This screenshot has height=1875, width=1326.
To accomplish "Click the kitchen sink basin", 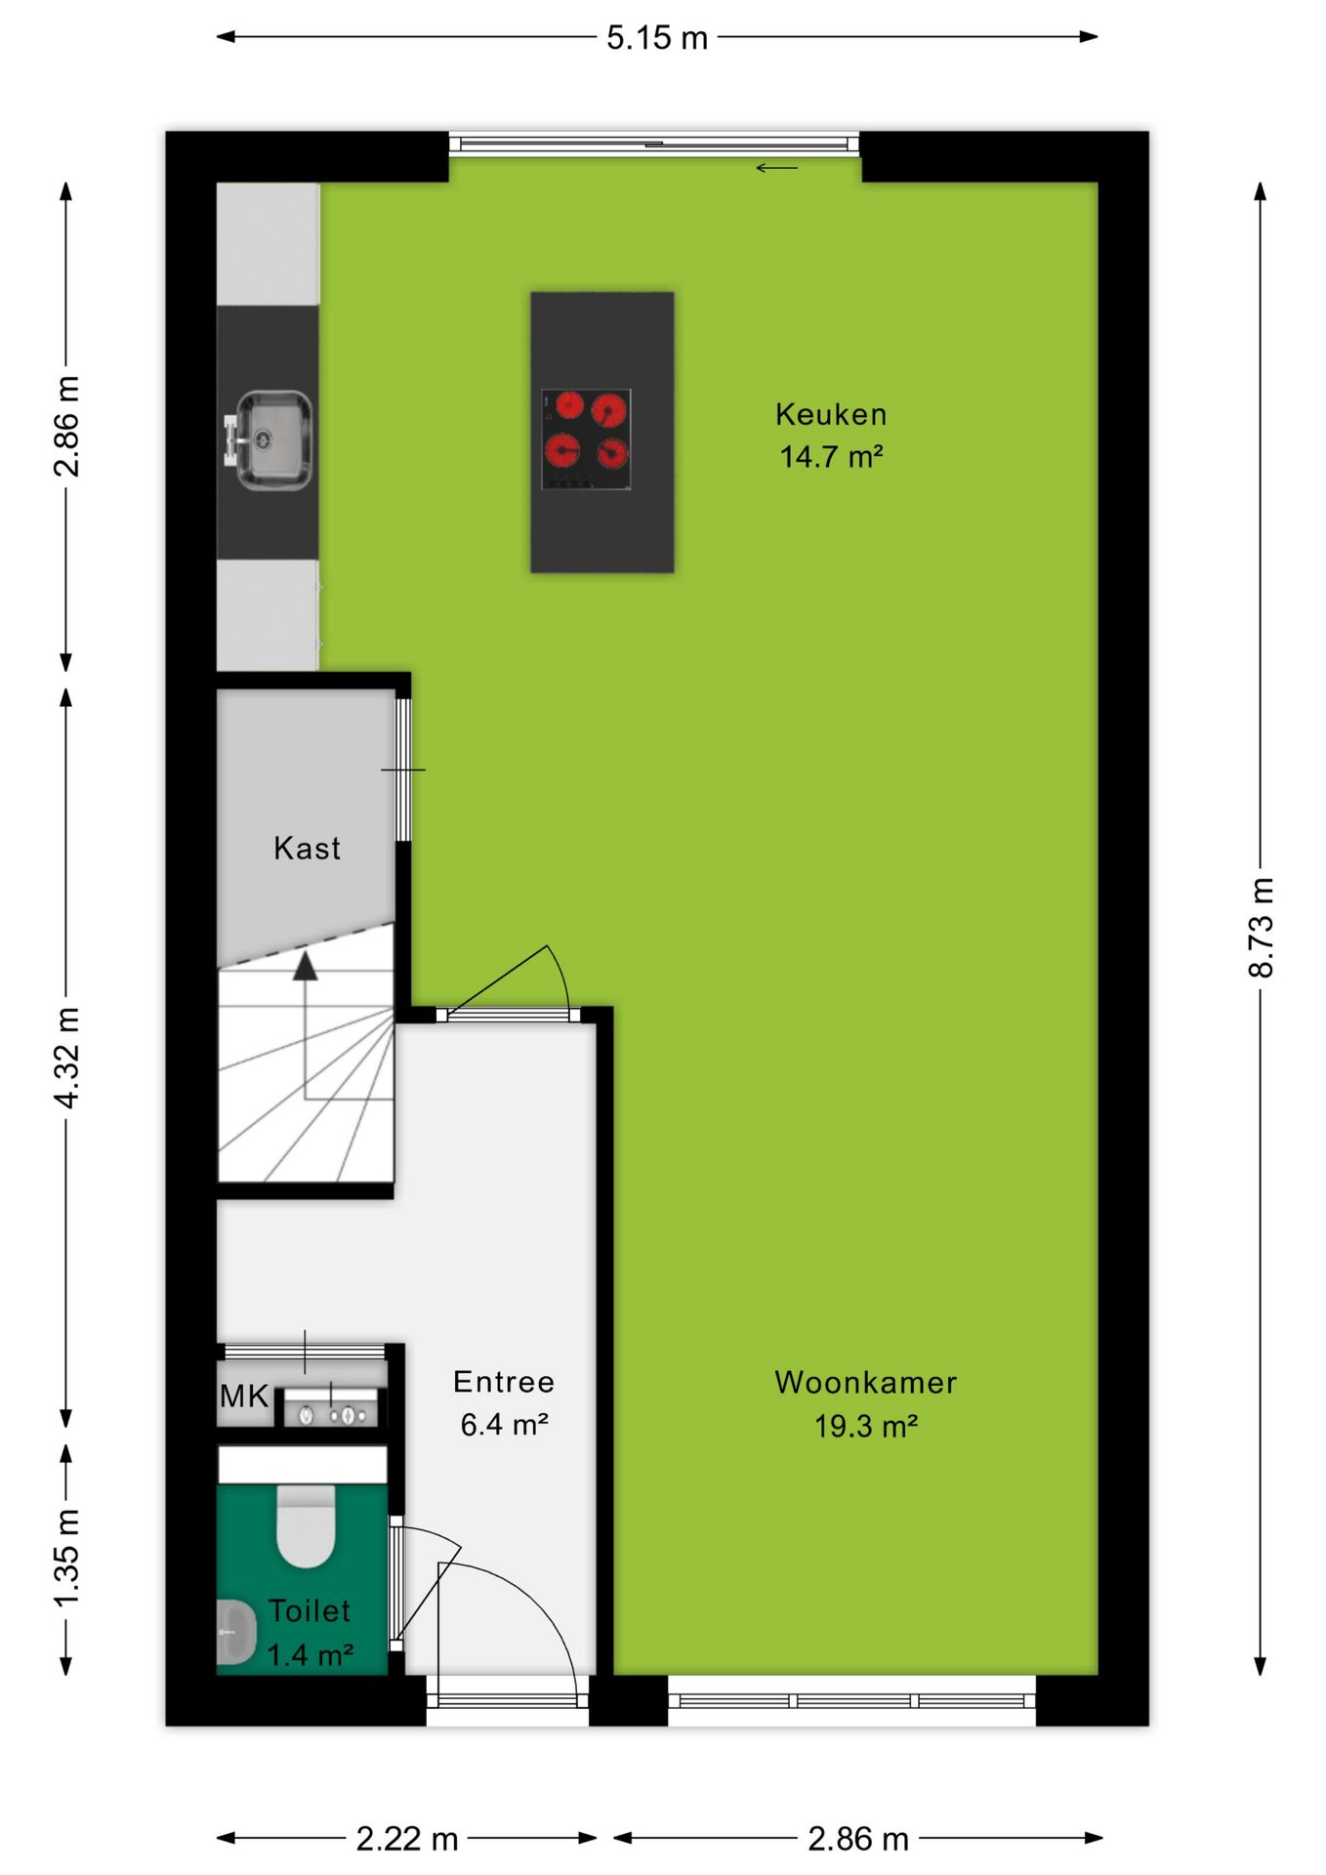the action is [x=273, y=439].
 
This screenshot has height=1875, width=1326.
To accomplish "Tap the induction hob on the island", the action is [x=586, y=438].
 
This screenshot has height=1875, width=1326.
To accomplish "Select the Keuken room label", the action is [x=831, y=414].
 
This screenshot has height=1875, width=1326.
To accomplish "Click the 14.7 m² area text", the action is [x=831, y=456].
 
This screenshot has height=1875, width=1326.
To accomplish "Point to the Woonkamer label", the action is [x=865, y=1382].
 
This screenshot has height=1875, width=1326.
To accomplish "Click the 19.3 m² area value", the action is [x=866, y=1426].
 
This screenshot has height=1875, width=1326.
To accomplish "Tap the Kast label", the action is [x=308, y=848].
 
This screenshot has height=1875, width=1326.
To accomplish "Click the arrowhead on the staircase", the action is [x=306, y=966].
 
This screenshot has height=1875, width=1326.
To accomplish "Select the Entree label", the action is [x=504, y=1381].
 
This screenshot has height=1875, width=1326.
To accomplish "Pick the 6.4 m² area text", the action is [x=504, y=1425].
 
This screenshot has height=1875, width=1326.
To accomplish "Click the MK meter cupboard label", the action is [x=244, y=1396].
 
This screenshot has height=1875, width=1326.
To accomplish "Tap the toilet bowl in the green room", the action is [x=306, y=1525].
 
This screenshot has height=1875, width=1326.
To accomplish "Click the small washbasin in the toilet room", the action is [x=235, y=1632].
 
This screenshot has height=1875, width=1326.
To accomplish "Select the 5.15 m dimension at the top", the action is [x=657, y=37].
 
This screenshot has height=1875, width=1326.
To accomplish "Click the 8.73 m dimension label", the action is [x=1261, y=927].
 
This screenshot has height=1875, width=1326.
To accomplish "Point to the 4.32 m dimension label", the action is [x=66, y=1058].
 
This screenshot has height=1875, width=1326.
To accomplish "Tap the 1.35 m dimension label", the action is [x=66, y=1557].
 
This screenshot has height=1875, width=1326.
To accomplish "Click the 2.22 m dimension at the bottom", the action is [x=407, y=1839].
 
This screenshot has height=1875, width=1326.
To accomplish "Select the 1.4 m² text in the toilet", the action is [x=310, y=1655].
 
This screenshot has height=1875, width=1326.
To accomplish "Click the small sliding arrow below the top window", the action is [x=776, y=168].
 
